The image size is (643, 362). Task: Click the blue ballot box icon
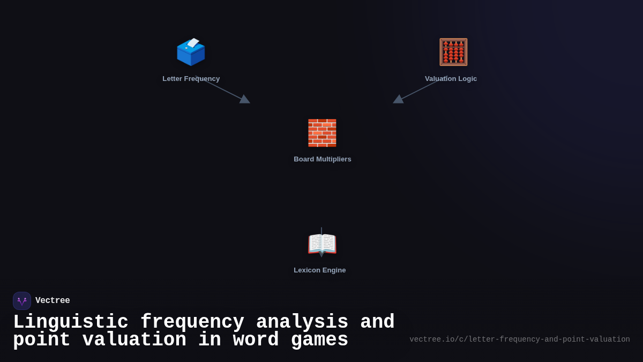(191, 53)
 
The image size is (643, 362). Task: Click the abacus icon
(453, 52)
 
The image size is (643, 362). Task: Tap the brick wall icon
(322, 133)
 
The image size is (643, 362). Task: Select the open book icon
(322, 244)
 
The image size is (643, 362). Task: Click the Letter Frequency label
(191, 79)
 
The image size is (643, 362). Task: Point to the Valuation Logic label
(451, 79)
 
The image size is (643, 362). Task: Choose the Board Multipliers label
(323, 159)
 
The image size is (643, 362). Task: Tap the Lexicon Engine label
(320, 270)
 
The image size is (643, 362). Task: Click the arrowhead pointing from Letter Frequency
(244, 99)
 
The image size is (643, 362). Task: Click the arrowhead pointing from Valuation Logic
(399, 99)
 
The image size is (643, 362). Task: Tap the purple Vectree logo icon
(22, 301)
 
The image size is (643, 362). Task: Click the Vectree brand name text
(53, 301)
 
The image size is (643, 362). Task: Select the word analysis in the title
(302, 322)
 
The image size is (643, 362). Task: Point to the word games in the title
(319, 340)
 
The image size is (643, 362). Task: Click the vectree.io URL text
(520, 339)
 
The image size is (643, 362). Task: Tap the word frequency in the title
(192, 322)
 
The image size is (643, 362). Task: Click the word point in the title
(42, 340)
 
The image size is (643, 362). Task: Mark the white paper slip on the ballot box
(193, 43)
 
